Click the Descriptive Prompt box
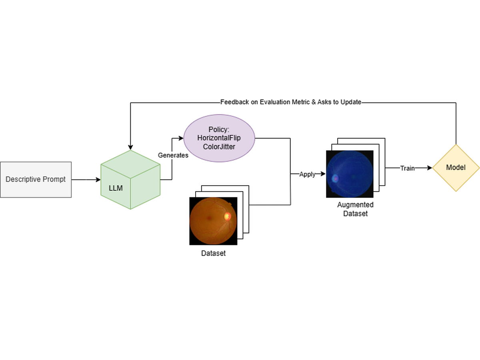click(36, 180)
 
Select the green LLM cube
click(130, 180)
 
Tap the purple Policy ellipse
click(219, 138)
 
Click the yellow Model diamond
click(456, 168)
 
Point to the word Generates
click(173, 155)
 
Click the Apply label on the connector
click(307, 174)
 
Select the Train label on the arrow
click(407, 168)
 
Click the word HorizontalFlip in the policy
click(219, 138)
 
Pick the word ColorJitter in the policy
click(219, 146)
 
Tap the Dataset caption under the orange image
click(213, 253)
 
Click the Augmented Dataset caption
click(355, 209)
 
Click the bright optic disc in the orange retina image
click(227, 216)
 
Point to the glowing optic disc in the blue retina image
click(335, 178)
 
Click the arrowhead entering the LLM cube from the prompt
click(98, 180)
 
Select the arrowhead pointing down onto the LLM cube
click(130, 147)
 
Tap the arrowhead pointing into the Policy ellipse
click(181, 138)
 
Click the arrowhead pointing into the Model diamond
click(430, 168)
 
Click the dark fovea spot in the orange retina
click(209, 218)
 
